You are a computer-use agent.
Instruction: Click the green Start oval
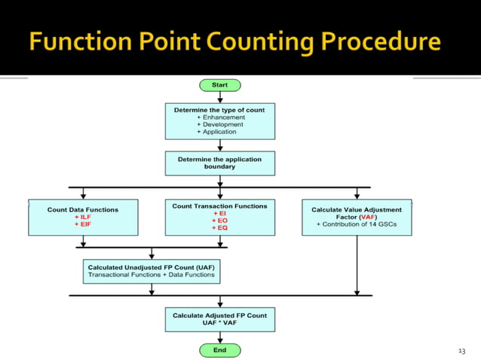219,85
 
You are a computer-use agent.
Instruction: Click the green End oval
219,350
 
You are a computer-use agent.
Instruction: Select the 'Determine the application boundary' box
219,163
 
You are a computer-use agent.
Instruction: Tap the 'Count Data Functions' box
83,217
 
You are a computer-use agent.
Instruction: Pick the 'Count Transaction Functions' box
219,217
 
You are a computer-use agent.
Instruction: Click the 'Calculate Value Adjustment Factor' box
357,217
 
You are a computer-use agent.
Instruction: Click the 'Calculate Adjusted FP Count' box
219,319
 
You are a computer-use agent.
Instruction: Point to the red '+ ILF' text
83,217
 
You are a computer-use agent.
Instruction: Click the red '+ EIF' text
83,224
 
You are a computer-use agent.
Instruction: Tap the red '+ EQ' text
219,227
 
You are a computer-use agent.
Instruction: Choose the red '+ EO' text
219,221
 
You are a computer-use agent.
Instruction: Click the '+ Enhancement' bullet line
219,117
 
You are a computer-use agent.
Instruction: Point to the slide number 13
462,351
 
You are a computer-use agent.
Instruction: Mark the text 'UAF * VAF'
219,322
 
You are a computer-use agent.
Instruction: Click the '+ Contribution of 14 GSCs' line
357,224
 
